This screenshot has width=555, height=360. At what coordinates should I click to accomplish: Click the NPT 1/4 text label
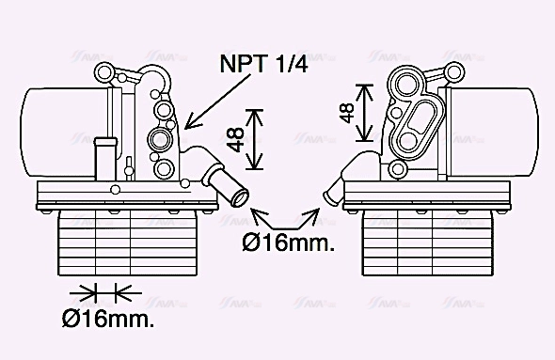pos(263,64)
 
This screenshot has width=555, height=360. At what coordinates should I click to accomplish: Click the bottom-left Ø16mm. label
pos(108,319)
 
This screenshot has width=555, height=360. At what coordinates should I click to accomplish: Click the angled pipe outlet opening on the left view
pos(241,198)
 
